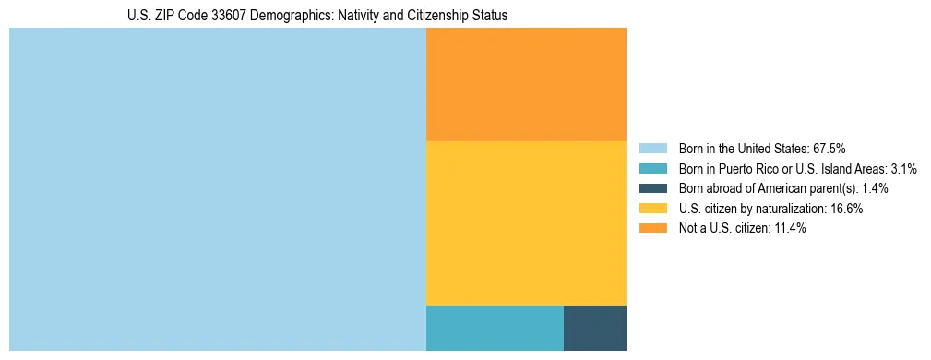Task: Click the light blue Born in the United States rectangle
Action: [217, 189]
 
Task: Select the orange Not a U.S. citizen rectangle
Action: [526, 84]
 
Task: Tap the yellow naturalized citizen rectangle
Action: [526, 222]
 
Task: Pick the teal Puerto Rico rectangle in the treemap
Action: [495, 327]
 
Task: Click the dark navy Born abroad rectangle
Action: [594, 327]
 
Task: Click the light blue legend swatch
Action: [652, 148]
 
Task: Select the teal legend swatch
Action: [652, 168]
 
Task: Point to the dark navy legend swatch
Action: [652, 188]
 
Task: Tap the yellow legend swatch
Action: [652, 209]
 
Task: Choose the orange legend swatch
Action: [652, 229]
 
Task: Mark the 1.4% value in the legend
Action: [875, 188]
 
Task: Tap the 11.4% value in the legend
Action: [789, 229]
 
